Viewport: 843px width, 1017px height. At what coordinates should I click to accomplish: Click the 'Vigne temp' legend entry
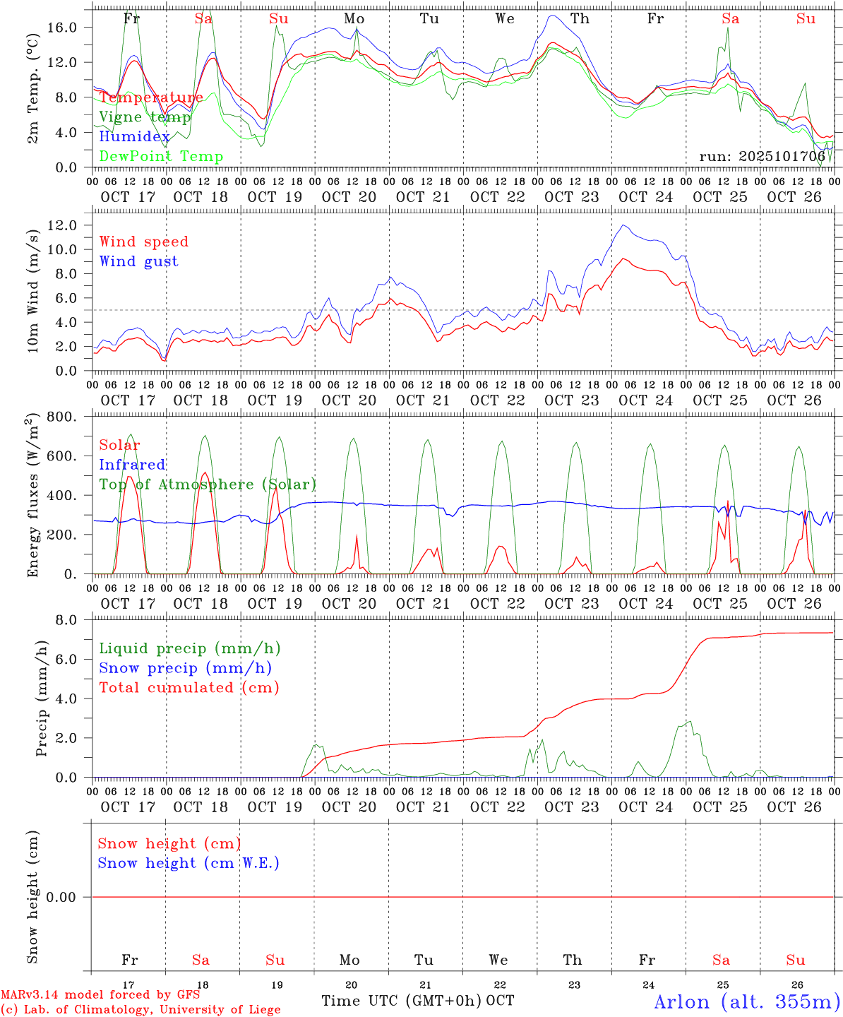click(x=145, y=117)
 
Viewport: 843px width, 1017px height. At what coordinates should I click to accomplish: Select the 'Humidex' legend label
click(x=134, y=137)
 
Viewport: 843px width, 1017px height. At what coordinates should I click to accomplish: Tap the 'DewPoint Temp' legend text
click(x=161, y=157)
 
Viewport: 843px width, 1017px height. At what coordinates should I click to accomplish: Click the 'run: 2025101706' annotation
click(x=762, y=157)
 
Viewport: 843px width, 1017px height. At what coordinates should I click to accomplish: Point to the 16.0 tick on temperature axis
click(x=70, y=28)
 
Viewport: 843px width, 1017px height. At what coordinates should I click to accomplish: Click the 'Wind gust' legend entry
click(x=138, y=261)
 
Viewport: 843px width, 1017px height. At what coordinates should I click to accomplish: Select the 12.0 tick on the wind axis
click(x=70, y=225)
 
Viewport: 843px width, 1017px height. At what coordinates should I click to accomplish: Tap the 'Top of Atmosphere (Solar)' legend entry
click(x=208, y=484)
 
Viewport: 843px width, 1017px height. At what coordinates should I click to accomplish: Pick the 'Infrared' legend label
click(x=132, y=465)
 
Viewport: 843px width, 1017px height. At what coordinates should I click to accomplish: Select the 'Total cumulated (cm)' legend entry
click(x=189, y=688)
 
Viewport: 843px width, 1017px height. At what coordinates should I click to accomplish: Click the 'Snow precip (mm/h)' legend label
click(x=185, y=668)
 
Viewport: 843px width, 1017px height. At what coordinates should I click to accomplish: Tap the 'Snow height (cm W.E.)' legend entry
click(x=189, y=863)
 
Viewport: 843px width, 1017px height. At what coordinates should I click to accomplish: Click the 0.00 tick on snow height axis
click(x=66, y=897)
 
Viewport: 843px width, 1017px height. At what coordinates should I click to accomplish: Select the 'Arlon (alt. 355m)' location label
click(x=747, y=1001)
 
